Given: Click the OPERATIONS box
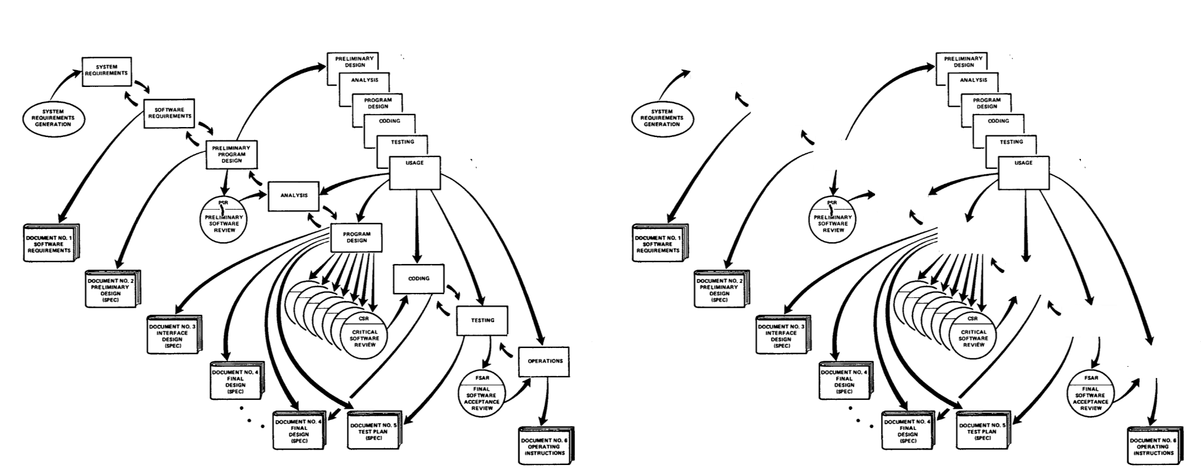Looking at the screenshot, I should [x=544, y=362].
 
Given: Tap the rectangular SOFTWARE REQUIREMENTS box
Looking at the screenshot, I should [x=169, y=113].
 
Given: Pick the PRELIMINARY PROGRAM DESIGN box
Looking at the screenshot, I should [x=232, y=155].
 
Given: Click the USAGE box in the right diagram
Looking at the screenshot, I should [x=1024, y=173].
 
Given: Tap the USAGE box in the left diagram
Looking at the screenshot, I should [x=415, y=173].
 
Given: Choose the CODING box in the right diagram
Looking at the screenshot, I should [x=998, y=121].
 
